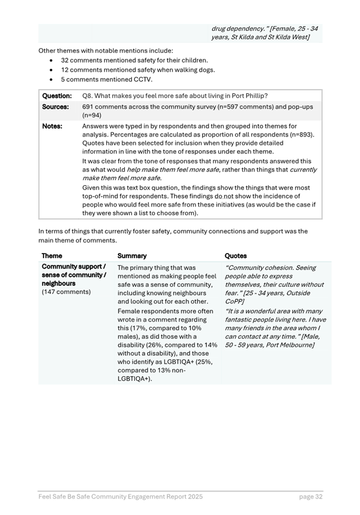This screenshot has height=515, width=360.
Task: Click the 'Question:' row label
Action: [57, 96]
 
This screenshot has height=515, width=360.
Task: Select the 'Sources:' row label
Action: [55, 107]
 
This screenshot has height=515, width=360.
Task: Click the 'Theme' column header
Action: [52, 256]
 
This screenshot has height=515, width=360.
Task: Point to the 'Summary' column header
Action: [132, 256]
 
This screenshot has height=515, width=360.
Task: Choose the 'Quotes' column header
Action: [236, 256]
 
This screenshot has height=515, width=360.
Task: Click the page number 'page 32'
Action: [310, 497]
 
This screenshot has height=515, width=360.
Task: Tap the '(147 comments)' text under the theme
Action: [66, 292]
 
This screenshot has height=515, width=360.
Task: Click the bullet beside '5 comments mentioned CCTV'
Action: [52, 80]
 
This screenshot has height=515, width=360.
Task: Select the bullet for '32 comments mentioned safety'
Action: [52, 60]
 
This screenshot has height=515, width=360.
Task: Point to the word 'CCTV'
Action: [143, 80]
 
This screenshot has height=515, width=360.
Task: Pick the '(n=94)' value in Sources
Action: [93, 115]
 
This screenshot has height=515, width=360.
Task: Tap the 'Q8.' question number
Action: [89, 96]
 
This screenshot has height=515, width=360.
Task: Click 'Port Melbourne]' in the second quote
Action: [286, 344]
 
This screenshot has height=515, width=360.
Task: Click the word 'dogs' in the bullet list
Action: [205, 70]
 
